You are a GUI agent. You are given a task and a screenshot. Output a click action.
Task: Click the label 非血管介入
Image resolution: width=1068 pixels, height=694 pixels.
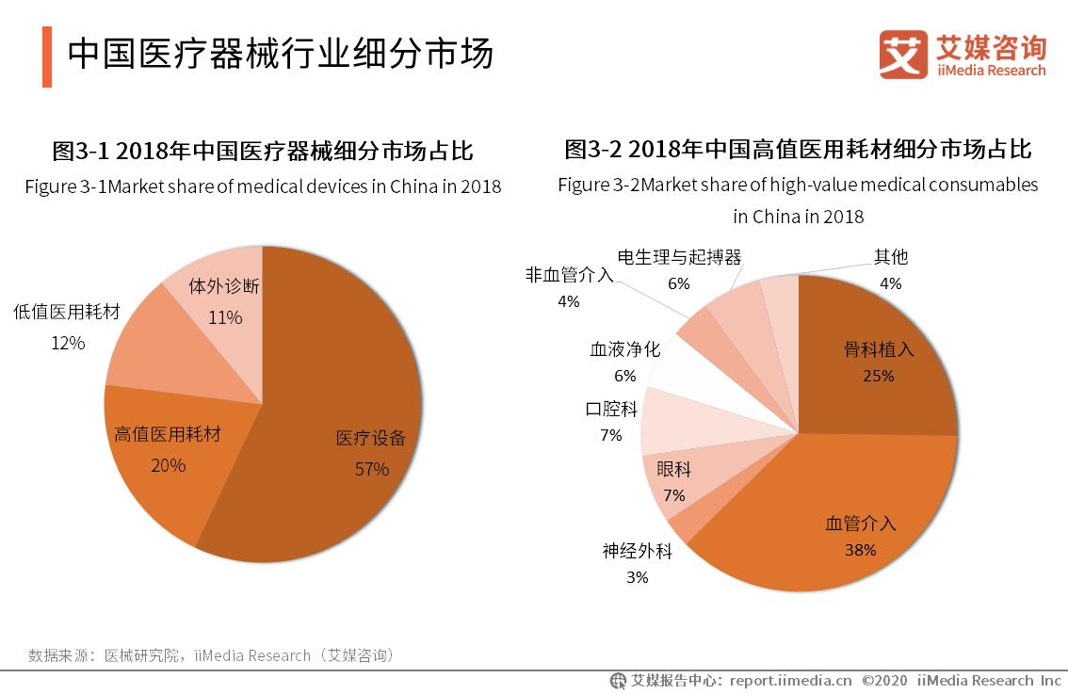569,275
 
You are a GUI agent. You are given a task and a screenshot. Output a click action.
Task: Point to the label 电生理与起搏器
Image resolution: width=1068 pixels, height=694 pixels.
679,257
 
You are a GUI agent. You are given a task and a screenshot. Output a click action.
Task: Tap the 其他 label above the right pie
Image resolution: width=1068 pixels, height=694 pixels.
890,257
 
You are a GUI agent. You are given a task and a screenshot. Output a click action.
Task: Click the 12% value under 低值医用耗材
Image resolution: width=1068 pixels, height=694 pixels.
68,344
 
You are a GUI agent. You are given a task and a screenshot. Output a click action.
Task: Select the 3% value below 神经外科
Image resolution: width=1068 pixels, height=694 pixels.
638,577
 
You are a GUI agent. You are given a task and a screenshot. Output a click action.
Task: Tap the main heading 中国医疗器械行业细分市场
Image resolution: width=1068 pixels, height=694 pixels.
280,55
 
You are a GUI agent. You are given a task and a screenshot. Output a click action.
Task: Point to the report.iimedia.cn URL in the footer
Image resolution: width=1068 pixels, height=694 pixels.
790,680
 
